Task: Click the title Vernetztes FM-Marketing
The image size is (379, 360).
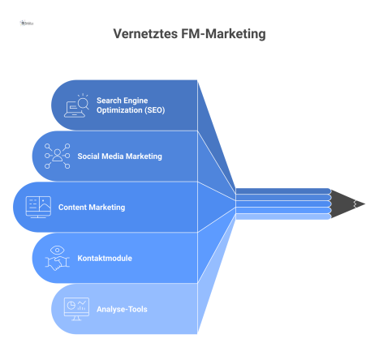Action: [190, 35]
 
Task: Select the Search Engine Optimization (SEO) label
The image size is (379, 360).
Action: [131, 105]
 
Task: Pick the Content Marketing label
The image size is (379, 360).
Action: [92, 207]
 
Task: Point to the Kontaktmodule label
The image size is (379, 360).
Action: [105, 258]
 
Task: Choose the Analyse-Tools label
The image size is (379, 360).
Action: [122, 308]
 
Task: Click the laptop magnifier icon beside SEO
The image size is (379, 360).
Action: [78, 105]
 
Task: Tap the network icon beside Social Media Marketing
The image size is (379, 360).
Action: [58, 156]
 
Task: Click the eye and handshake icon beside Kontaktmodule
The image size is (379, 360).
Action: [58, 257]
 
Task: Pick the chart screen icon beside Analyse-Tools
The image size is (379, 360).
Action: [77, 308]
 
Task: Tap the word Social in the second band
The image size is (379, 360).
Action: [88, 156]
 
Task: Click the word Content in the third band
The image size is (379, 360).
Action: [71, 207]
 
